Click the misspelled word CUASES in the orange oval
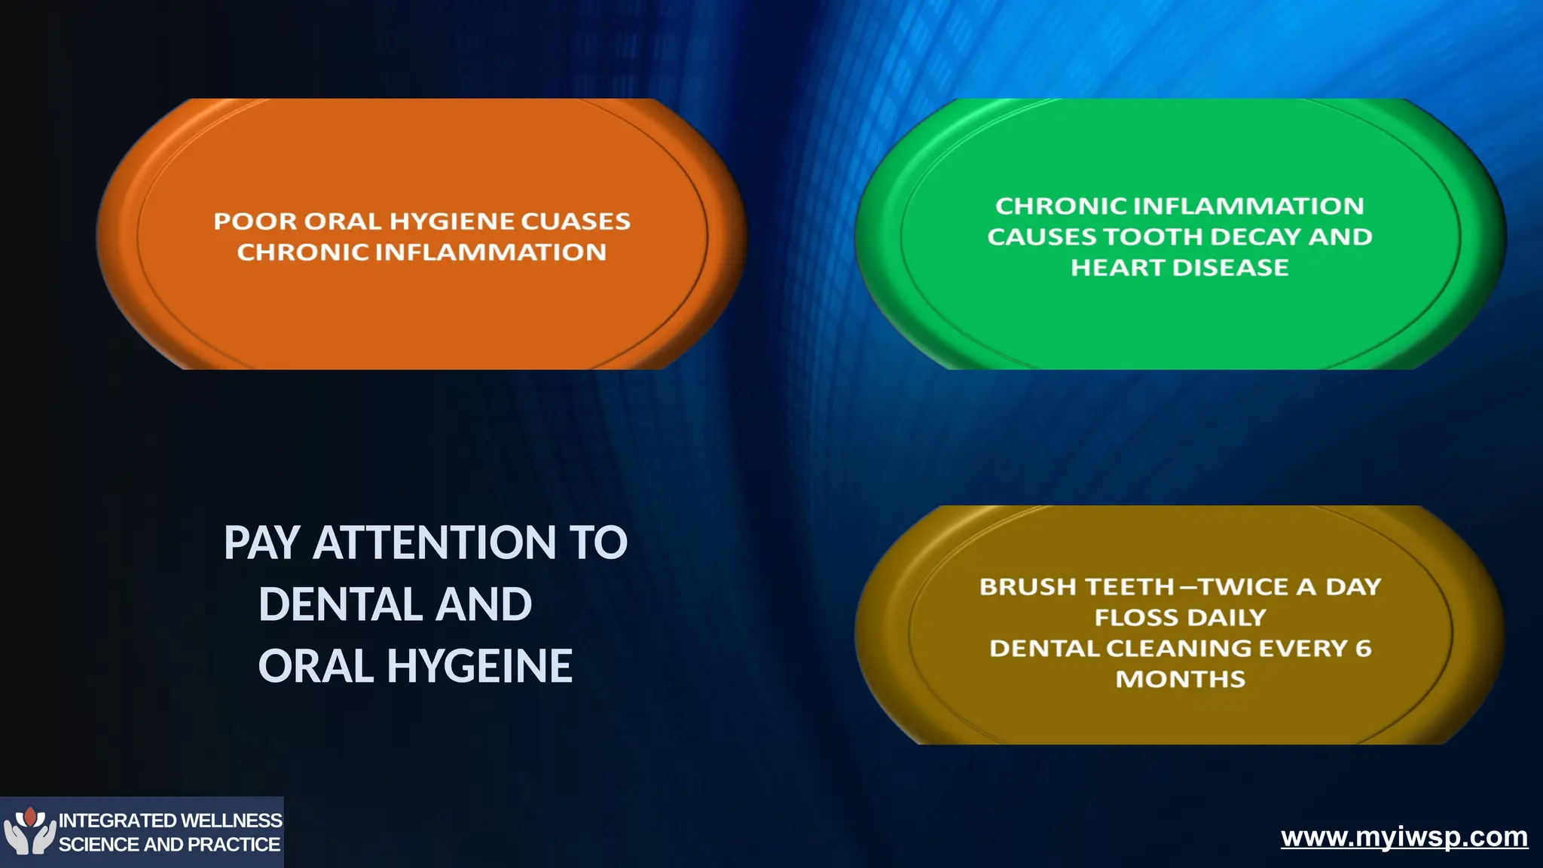(576, 221)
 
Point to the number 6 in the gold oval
(1364, 648)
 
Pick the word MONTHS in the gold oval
(1181, 679)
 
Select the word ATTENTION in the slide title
(435, 542)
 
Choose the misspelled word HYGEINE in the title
(480, 666)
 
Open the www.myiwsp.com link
(1404, 837)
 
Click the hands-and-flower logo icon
(29, 830)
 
